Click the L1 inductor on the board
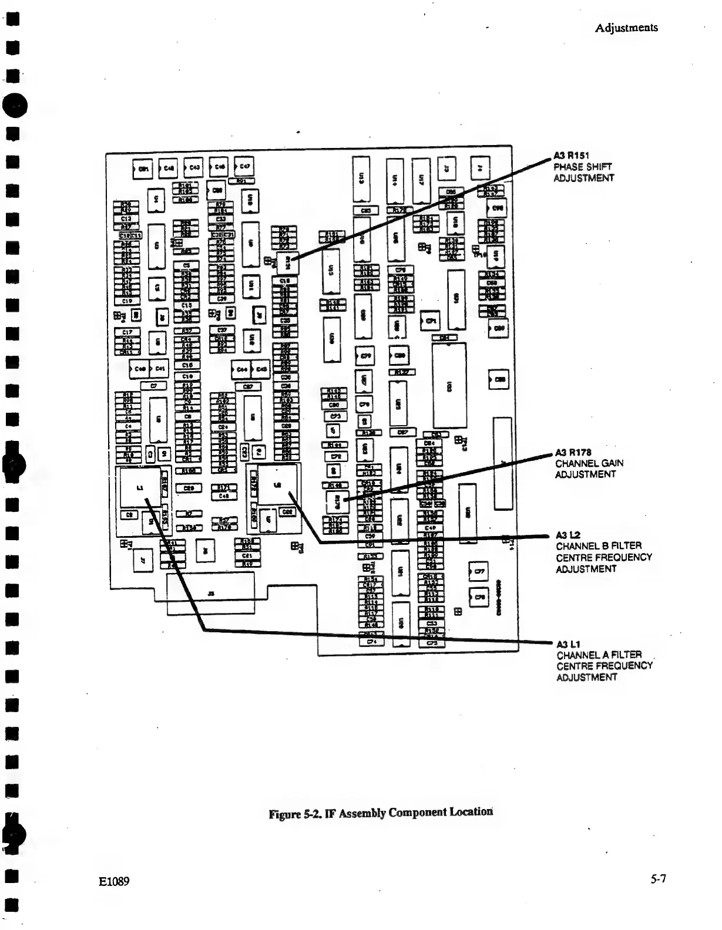point(139,487)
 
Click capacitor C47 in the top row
point(244,166)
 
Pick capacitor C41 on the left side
point(159,369)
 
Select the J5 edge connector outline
point(211,594)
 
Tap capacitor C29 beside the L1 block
point(189,488)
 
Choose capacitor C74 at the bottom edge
point(371,642)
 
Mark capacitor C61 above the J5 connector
point(247,556)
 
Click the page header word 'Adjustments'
point(626,28)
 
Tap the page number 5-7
point(658,880)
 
